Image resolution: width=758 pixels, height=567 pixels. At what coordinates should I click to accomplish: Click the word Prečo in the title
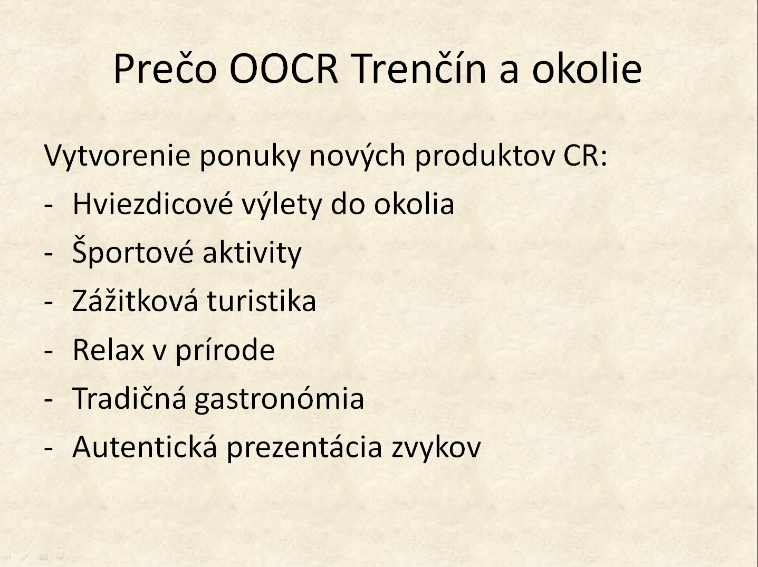pyautogui.click(x=165, y=68)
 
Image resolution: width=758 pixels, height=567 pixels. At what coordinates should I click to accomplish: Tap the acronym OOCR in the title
pyautogui.click(x=283, y=68)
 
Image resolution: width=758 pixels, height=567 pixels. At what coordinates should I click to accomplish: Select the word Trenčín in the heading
pyautogui.click(x=419, y=68)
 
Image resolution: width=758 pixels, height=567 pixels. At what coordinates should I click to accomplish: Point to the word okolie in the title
pyautogui.click(x=587, y=68)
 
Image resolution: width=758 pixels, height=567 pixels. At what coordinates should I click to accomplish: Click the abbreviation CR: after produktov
pyautogui.click(x=585, y=156)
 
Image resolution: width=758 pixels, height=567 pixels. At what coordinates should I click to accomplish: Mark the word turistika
pyautogui.click(x=262, y=301)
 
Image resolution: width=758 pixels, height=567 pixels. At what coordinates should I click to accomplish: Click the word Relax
pyautogui.click(x=109, y=350)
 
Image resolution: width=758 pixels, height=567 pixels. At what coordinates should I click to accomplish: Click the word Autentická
pyautogui.click(x=145, y=447)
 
